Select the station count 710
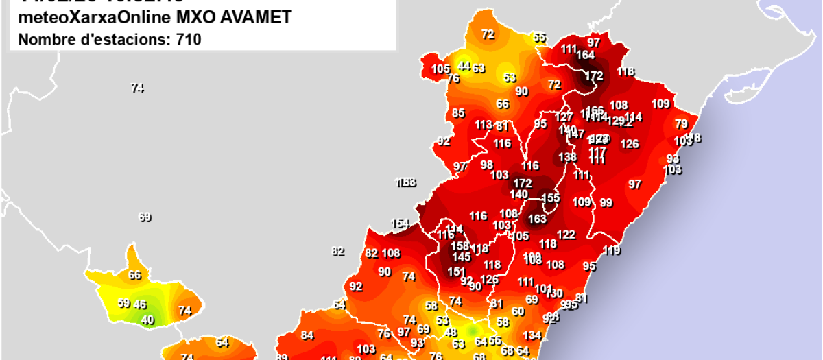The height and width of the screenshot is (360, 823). tap(187, 40)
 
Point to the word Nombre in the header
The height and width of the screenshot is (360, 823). tap(41, 40)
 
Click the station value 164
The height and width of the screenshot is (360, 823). tap(586, 55)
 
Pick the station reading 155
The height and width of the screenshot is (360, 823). tap(551, 198)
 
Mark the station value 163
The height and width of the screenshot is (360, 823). tap(537, 219)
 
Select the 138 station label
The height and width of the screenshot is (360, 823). tap(567, 156)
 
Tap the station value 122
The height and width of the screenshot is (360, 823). tap(566, 235)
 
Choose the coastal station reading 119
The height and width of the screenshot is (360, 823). tap(611, 250)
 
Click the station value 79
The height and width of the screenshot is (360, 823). tap(681, 124)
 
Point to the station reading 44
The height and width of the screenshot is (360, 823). tap(464, 66)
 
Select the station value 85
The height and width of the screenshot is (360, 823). tap(458, 113)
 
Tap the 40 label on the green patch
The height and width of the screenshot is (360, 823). tap(147, 320)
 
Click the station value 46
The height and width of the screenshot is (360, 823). tap(140, 304)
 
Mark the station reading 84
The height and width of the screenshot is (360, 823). tap(307, 335)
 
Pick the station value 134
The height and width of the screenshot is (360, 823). tap(532, 335)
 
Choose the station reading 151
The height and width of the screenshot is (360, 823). tap(456, 272)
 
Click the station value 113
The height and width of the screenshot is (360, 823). tap(484, 125)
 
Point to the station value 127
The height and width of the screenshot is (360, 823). tap(564, 117)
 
